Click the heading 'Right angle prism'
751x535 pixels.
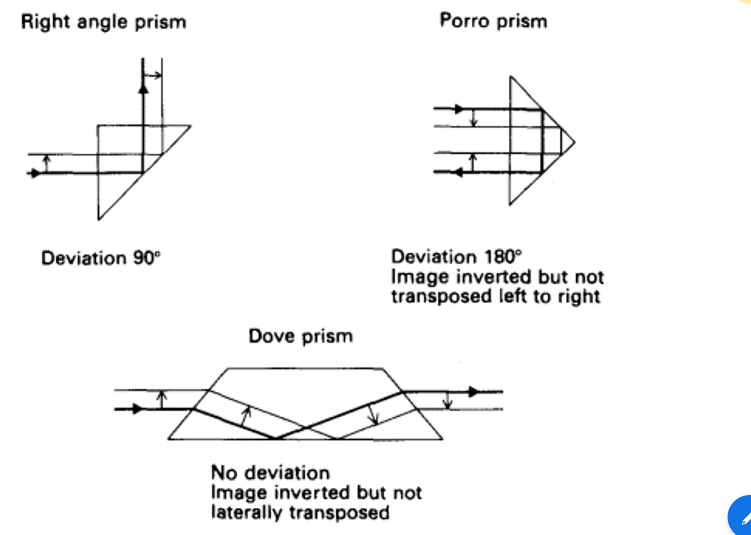coord(104,22)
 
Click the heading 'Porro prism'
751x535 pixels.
coord(493,21)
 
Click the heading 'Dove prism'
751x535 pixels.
coord(301,336)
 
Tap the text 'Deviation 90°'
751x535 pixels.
coord(101,258)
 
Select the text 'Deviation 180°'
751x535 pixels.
coord(456,257)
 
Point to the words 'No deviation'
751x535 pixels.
coord(270,472)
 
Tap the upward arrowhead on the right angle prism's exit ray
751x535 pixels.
coord(143,88)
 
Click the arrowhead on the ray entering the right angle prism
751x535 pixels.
coord(35,173)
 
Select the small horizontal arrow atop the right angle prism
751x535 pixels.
coord(153,75)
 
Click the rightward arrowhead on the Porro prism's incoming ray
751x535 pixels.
coord(459,109)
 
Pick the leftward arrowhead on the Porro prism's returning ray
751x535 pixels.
coord(458,172)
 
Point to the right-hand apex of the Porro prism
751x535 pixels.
coord(575,141)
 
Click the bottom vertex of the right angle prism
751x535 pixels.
coord(99,219)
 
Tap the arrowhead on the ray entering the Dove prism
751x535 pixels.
coord(137,409)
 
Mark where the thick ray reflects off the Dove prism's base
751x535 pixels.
coord(276,438)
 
